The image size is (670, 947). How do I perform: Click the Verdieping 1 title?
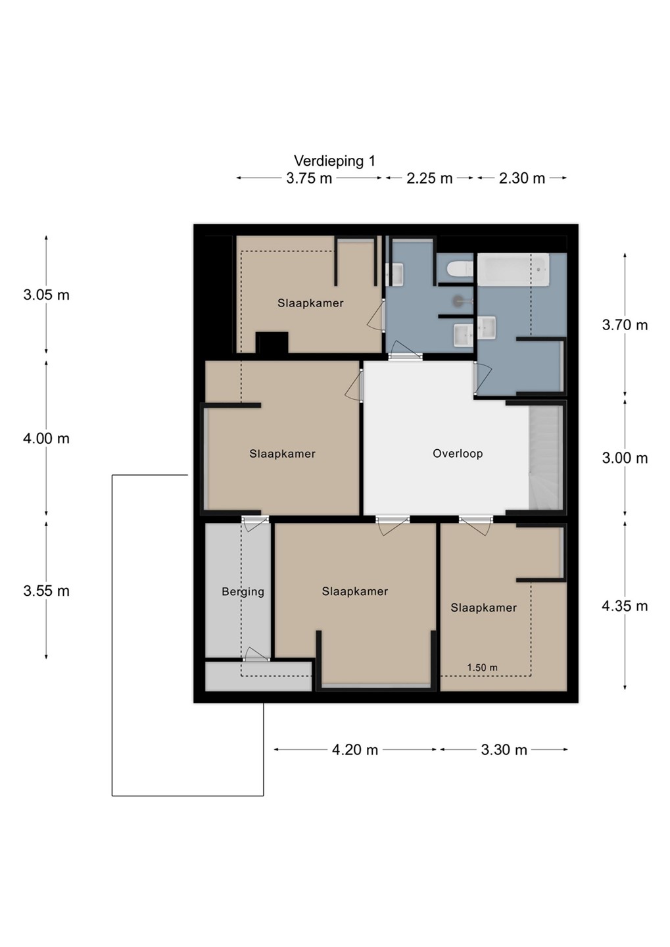(335, 161)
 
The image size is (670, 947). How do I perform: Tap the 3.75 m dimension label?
(309, 178)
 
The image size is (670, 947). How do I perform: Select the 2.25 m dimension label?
(429, 178)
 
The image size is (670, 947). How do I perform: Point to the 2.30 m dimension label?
(521, 178)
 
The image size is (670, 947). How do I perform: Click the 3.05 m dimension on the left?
(46, 295)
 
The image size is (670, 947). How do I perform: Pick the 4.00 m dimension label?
(46, 439)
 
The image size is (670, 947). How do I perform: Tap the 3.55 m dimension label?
(46, 591)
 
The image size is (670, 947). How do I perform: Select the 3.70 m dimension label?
(625, 325)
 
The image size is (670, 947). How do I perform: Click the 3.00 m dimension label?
(625, 458)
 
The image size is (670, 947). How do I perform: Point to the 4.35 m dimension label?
(625, 606)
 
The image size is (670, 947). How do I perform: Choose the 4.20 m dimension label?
(354, 750)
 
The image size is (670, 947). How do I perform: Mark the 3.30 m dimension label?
(504, 750)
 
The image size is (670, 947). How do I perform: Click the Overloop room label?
(458, 454)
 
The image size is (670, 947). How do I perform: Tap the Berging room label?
(243, 592)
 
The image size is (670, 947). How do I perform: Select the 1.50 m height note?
(482, 668)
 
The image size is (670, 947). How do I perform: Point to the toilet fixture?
(460, 268)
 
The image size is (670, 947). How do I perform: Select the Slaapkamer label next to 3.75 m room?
(310, 303)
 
